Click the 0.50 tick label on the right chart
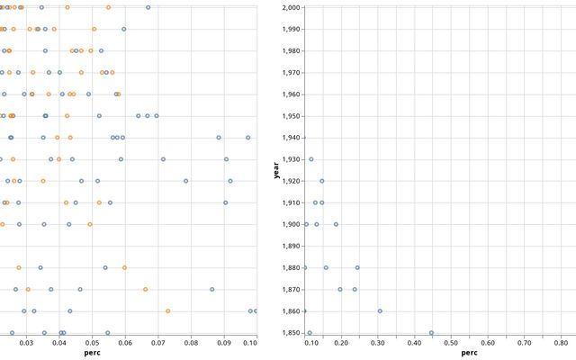pyautogui.click(x=451, y=342)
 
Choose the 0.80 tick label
pyautogui.click(x=561, y=342)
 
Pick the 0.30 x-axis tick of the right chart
pyautogui.click(x=378, y=342)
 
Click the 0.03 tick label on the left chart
pyautogui.click(x=27, y=342)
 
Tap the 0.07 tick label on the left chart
pyautogui.click(x=157, y=342)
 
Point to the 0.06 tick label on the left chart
pyautogui.click(x=125, y=342)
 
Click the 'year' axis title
pyautogui.click(x=275, y=169)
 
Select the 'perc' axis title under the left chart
pyautogui.click(x=92, y=353)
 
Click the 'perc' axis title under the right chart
pyautogui.click(x=469, y=353)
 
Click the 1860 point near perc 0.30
pyautogui.click(x=380, y=310)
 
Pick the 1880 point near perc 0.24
pyautogui.click(x=357, y=267)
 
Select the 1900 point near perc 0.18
pyautogui.click(x=336, y=224)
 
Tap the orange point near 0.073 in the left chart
pyautogui.click(x=167, y=310)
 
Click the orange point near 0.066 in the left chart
pyautogui.click(x=145, y=289)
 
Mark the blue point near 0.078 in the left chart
pyautogui.click(x=186, y=181)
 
